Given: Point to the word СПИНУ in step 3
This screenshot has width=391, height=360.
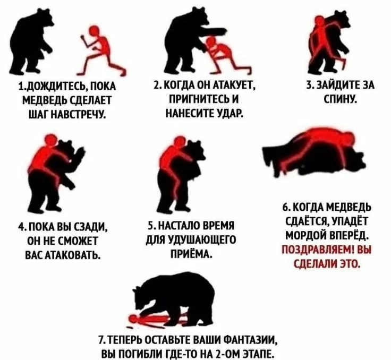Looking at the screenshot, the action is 341,99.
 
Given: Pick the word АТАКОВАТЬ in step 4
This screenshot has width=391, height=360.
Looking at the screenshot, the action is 72,255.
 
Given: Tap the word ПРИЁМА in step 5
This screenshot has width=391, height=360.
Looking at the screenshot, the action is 191,254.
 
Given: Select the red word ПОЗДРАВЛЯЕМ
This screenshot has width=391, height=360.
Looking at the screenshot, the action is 318,250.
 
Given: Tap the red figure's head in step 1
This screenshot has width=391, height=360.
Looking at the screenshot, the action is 94,31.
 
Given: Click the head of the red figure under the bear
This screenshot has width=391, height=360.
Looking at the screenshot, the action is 134,319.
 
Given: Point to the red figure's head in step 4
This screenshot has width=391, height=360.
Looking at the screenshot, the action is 51,140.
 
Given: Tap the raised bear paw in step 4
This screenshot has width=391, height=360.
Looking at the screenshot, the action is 81,153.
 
